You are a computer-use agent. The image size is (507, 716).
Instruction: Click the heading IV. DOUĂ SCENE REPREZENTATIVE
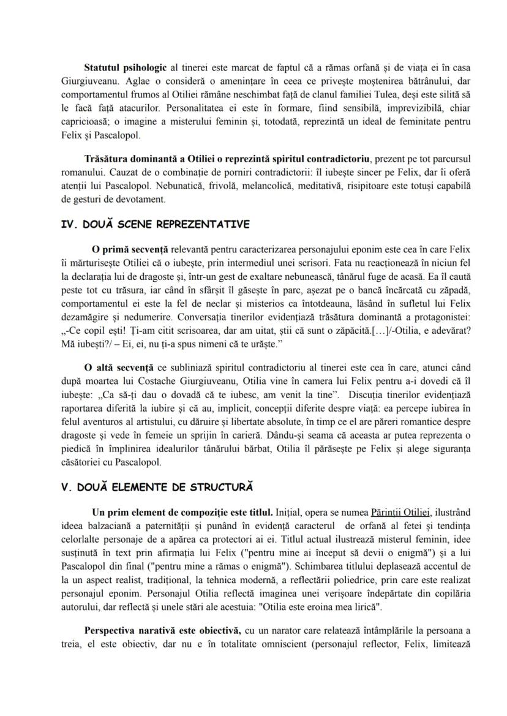(x=156, y=224)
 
